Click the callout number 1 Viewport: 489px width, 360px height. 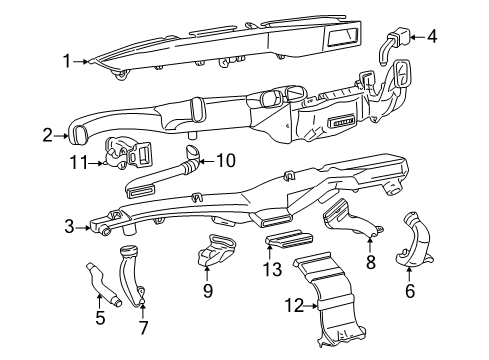pyautogui.click(x=67, y=62)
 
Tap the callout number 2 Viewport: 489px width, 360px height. pyautogui.click(x=47, y=134)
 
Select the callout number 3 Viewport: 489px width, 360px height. pyautogui.click(x=67, y=228)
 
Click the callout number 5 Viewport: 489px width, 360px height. pyautogui.click(x=100, y=319)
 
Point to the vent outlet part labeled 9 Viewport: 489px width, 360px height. pyautogui.click(x=215, y=247)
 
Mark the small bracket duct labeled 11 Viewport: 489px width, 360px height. pyautogui.click(x=127, y=152)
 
